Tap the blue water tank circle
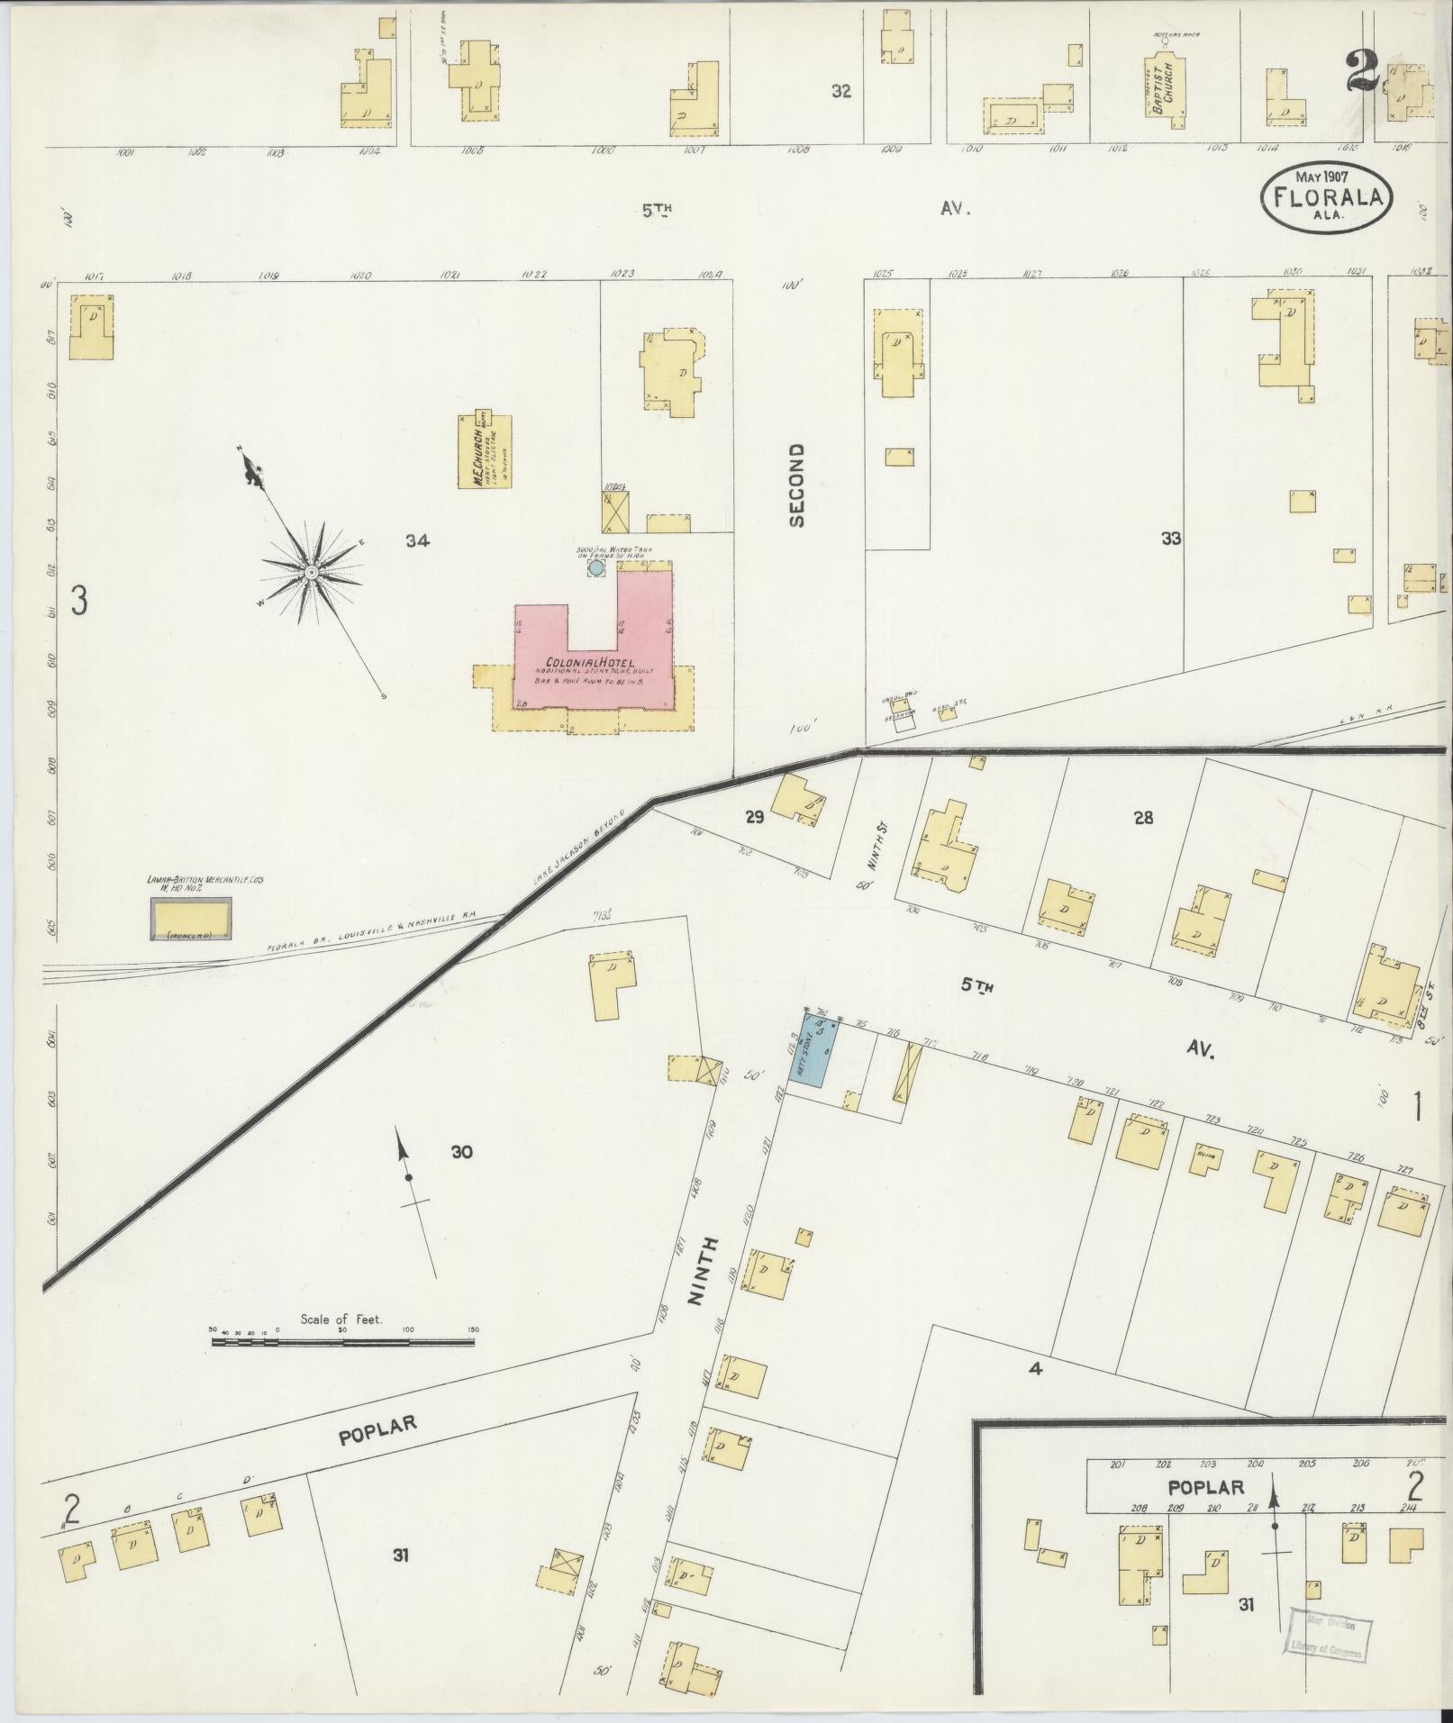pos(595,568)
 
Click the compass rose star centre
pos(310,571)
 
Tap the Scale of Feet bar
pos(342,1341)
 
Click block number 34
pos(418,541)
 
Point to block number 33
pos(1170,539)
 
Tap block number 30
pos(462,1151)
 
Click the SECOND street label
pos(796,485)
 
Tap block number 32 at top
pos(841,91)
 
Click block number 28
pos(1143,818)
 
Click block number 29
pos(754,817)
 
